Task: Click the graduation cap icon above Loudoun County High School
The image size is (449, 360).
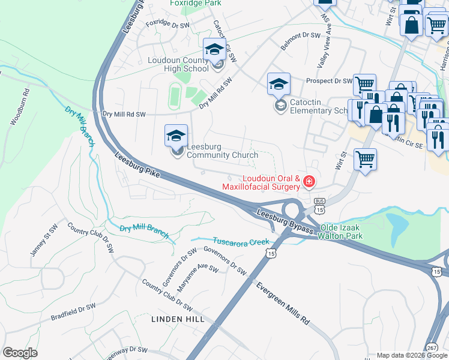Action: click(214, 50)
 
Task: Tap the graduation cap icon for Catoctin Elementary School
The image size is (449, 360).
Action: click(279, 85)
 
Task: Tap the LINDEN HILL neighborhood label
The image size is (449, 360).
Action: click(178, 319)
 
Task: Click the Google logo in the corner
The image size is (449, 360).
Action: click(20, 353)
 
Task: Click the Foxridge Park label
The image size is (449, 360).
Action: click(196, 3)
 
